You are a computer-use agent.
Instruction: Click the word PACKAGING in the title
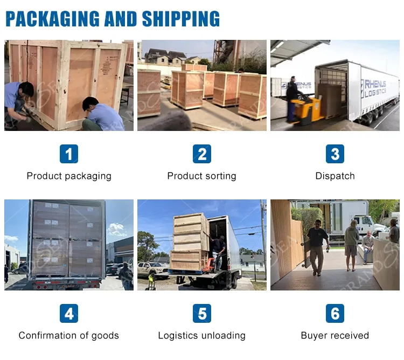[53, 19]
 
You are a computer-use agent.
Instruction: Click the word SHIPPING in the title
[181, 19]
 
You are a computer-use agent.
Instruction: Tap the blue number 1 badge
[69, 154]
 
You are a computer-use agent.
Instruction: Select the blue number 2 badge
[202, 154]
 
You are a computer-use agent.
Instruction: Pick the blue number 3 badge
[335, 154]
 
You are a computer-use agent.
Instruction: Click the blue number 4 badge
[69, 313]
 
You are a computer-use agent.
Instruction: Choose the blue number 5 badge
[202, 313]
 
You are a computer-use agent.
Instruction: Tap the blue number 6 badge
[335, 313]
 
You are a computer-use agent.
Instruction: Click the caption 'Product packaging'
[69, 176]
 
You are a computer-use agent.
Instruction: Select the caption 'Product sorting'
[202, 176]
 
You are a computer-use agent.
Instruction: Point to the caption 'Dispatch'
[335, 176]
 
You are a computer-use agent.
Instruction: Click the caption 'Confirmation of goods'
[69, 336]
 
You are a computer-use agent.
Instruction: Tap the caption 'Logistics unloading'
[202, 336]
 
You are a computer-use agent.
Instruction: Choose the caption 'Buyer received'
[335, 336]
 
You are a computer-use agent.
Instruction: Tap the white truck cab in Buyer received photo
[371, 224]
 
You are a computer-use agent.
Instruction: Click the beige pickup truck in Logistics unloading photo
[152, 269]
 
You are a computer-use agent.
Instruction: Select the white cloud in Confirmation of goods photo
[117, 230]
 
